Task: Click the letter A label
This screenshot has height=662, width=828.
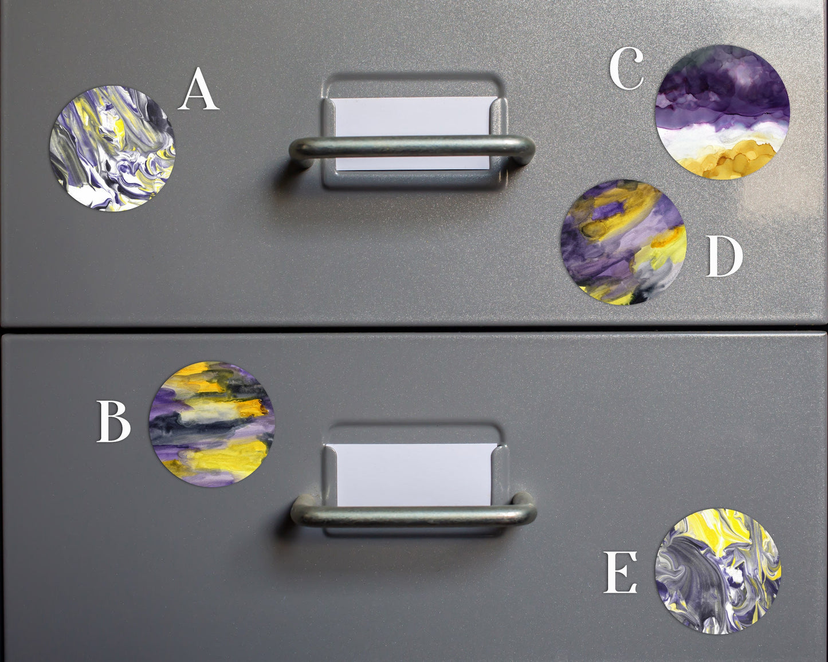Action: (198, 89)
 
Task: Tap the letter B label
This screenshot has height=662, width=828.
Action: (113, 421)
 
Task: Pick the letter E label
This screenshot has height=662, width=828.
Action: (620, 572)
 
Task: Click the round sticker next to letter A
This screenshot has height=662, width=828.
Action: (112, 148)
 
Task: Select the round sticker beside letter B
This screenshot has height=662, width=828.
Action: (211, 424)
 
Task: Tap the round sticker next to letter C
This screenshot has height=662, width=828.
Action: (722, 112)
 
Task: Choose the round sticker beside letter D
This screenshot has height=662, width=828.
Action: (623, 242)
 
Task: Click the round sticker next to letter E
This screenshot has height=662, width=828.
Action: (718, 571)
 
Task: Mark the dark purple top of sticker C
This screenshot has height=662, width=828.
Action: (722, 80)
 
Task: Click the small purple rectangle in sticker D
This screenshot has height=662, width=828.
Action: (610, 212)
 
